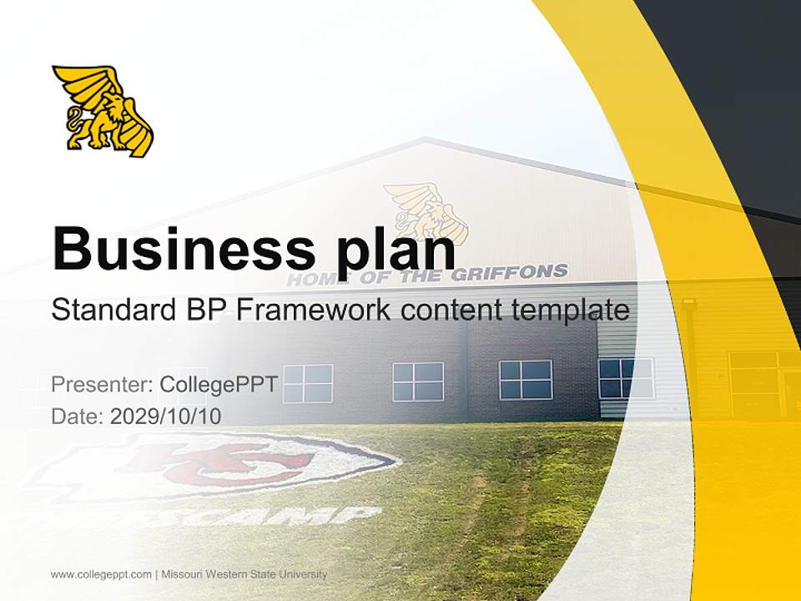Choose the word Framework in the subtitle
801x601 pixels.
point(313,311)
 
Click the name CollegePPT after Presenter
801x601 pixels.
point(219,385)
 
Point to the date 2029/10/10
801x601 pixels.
point(165,416)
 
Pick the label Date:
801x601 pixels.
point(78,416)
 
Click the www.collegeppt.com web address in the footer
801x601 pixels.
point(101,574)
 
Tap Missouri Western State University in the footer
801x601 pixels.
point(244,574)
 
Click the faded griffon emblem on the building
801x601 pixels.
point(425,210)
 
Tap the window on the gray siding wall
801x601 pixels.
point(626,378)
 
